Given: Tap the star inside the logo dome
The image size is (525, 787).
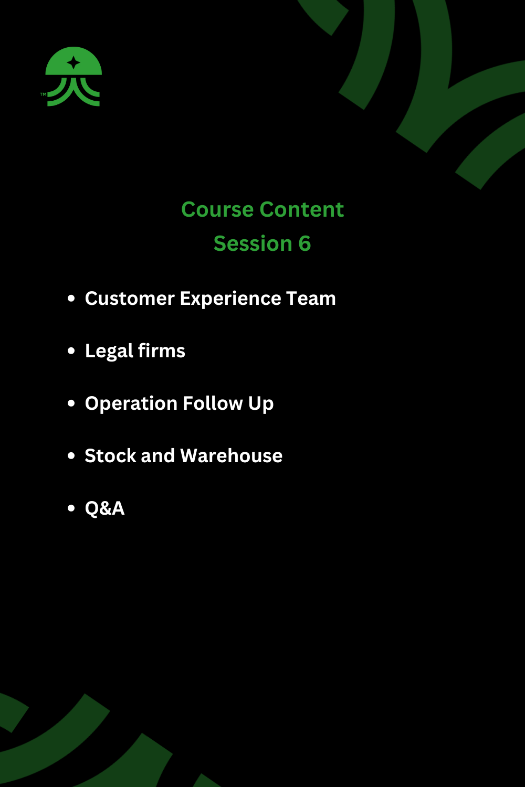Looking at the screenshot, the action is (x=73, y=63).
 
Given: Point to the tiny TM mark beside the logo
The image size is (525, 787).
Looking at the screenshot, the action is (x=43, y=94).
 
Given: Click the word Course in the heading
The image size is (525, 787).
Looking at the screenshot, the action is (x=217, y=210).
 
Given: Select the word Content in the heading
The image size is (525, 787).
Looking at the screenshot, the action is (x=302, y=210).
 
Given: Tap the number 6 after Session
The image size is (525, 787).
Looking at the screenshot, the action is (x=304, y=243).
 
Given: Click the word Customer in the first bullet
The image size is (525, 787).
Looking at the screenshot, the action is (x=130, y=299).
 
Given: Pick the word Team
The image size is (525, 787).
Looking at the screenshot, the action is (x=311, y=299).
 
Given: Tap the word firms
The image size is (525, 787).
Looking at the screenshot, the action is (x=161, y=350).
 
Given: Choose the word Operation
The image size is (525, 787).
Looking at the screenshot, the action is (x=131, y=403).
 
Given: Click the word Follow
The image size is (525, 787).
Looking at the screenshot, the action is (x=213, y=403).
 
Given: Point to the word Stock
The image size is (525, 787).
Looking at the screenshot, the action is (x=110, y=456).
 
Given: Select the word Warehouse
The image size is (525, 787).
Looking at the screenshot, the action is (x=231, y=456).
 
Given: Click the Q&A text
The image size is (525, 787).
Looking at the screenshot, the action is (x=105, y=508).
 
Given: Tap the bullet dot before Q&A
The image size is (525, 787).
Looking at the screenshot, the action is (x=71, y=508).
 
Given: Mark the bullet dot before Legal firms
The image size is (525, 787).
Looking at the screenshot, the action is (x=71, y=350).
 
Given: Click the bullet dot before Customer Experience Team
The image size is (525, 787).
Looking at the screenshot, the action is (x=71, y=299).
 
